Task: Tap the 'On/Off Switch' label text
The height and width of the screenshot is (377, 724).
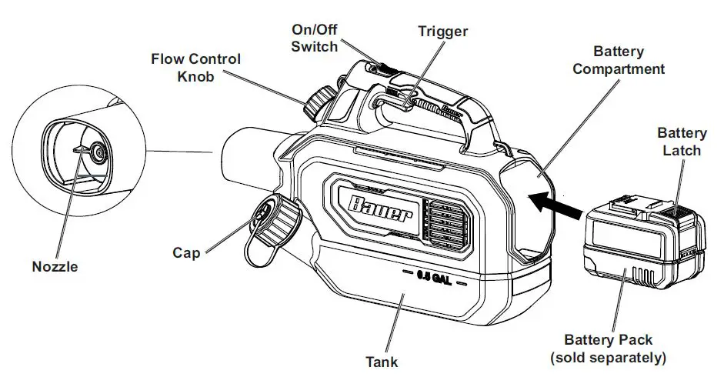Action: [314, 38]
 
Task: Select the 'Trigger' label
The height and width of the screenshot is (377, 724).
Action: [442, 32]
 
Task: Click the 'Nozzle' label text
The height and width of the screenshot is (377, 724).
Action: [55, 267]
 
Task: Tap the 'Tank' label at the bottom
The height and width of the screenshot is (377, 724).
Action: [382, 360]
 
